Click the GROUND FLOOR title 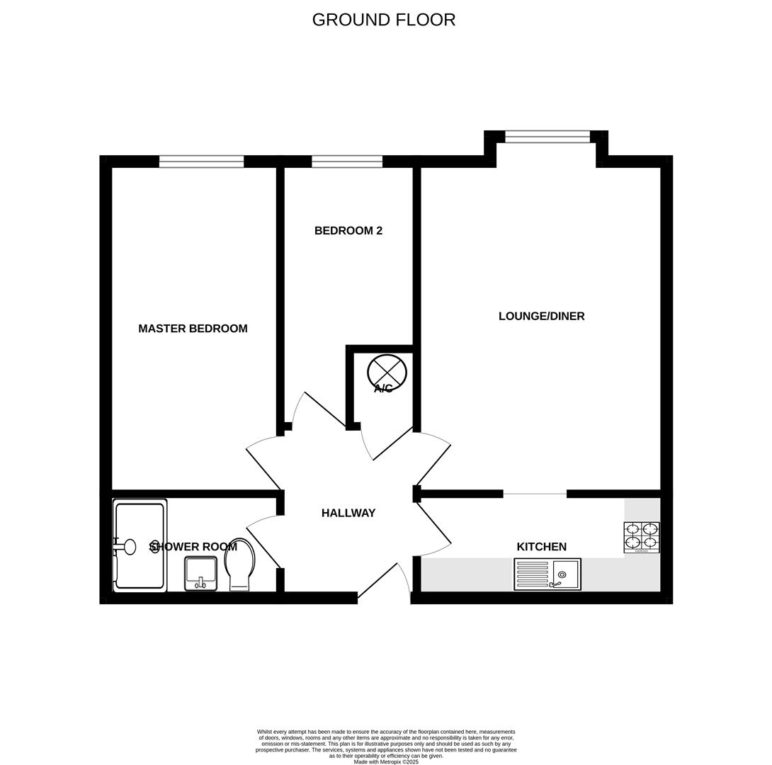coord(383,20)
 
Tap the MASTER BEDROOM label coord(193,329)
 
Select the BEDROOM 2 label coord(348,231)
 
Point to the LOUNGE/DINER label coord(541,317)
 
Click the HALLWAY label coord(348,514)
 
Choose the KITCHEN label coord(541,547)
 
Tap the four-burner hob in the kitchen coord(641,537)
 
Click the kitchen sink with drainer coord(547,574)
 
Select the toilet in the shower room coord(239,564)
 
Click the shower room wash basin coord(200,573)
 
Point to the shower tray coord(140,545)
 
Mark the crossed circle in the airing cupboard coord(387,371)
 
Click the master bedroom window coord(201,161)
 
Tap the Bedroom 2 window coord(347,161)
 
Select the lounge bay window coord(547,137)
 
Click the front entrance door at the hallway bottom coord(382,582)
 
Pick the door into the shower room coord(263,542)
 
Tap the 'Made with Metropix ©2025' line coord(386,762)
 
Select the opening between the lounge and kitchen coord(535,494)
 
